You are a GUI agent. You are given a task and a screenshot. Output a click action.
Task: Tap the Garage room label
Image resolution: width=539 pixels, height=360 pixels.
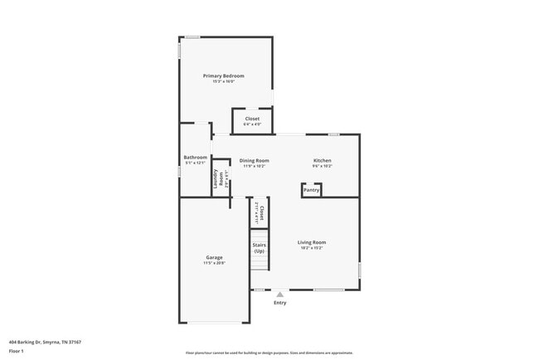(214, 257)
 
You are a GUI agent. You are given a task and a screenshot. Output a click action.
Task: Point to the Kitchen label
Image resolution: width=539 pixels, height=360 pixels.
(323, 160)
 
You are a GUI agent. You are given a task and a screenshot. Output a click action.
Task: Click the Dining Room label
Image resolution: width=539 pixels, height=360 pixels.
(255, 160)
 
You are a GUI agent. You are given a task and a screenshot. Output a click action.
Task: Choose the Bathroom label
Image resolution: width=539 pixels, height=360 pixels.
(196, 157)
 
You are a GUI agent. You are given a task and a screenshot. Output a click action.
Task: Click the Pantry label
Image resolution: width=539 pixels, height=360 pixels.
(311, 190)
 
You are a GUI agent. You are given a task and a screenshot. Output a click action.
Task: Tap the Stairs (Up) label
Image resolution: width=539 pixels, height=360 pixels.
(259, 248)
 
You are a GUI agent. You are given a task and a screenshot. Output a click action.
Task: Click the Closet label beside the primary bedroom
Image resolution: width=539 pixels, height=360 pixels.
(252, 119)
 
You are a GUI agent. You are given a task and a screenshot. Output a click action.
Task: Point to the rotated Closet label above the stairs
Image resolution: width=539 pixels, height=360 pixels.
(260, 213)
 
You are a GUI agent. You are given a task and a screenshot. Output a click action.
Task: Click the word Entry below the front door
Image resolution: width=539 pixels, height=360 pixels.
(280, 303)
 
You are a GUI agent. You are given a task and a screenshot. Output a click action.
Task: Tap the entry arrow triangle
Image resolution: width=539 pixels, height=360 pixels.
(279, 294)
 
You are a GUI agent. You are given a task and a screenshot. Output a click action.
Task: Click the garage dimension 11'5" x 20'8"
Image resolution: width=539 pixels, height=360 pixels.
(214, 263)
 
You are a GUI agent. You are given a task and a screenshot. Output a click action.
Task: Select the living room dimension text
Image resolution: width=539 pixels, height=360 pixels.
(312, 247)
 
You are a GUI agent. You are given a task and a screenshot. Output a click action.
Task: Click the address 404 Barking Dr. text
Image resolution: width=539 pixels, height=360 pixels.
(45, 341)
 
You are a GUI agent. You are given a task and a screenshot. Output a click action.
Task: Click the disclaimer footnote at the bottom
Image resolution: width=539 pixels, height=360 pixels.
(269, 353)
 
